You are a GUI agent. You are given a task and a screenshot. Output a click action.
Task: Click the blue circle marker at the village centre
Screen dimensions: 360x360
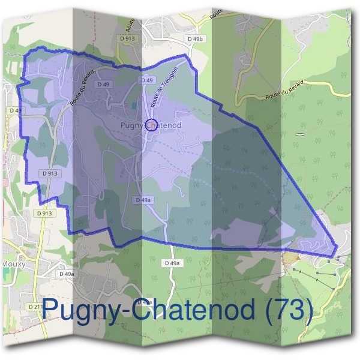tap(151, 125)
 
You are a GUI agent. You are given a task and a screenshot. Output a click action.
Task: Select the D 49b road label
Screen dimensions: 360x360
tap(196, 39)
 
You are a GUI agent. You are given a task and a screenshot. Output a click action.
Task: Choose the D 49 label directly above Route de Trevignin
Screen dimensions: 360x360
tap(148, 80)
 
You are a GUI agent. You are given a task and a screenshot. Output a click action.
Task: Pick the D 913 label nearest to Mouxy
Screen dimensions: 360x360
tap(43, 213)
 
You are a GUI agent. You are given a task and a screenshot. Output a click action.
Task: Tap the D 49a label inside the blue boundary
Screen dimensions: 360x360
tap(143, 200)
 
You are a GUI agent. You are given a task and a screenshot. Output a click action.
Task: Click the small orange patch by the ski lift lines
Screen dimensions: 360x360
tap(291, 258)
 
